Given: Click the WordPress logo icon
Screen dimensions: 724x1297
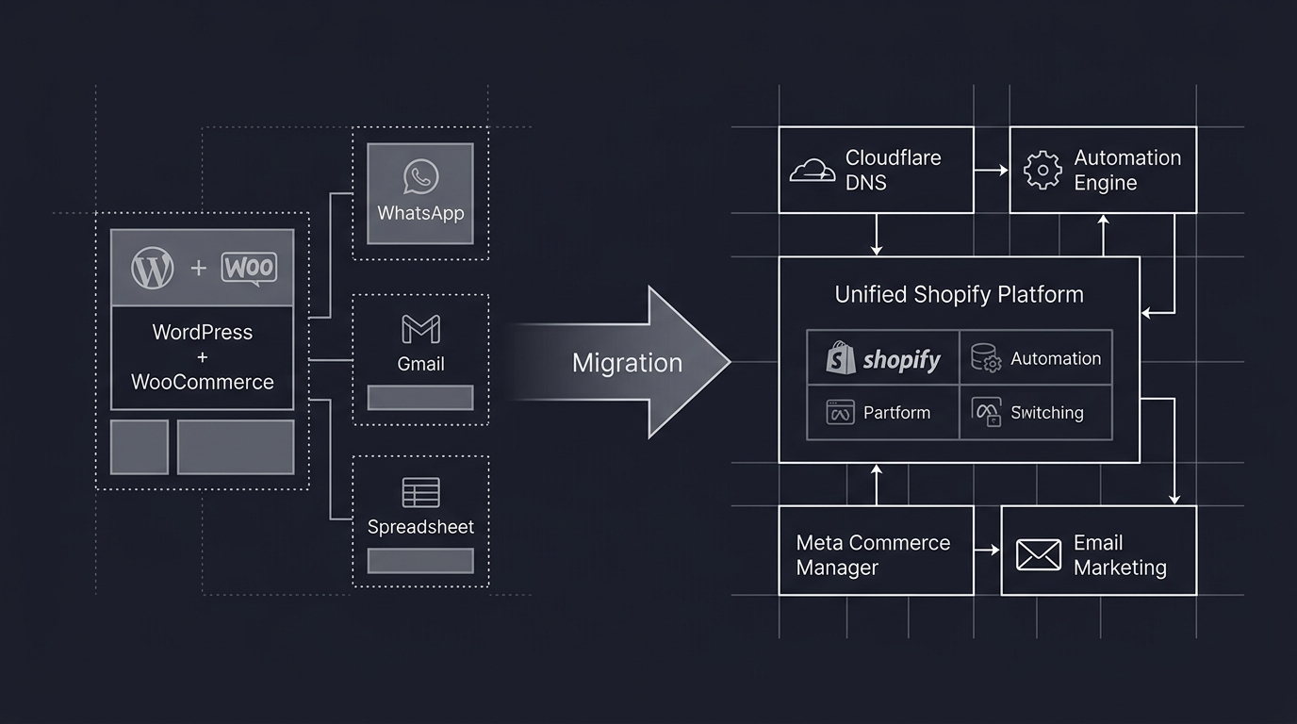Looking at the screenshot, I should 153,268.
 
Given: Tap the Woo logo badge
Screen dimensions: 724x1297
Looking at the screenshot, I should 249,268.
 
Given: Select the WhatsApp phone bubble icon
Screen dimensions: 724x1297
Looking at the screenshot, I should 420,176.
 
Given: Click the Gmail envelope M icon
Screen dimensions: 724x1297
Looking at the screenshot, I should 420,329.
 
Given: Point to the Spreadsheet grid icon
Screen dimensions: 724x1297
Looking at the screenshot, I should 420,492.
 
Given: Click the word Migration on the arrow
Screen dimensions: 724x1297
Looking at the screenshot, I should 627,363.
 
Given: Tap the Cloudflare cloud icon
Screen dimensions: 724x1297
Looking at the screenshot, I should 813,171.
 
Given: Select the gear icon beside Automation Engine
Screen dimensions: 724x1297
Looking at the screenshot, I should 1043,171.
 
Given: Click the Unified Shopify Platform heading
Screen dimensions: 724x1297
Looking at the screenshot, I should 959,294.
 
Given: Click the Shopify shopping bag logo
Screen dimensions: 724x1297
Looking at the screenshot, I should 840,359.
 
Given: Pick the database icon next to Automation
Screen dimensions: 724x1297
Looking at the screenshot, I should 986,358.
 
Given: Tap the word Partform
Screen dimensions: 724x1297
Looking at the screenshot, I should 896,413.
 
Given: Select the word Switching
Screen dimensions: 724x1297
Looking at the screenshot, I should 1046,413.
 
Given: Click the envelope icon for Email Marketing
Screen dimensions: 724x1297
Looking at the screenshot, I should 1039,555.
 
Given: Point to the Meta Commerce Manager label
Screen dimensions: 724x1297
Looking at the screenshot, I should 873,555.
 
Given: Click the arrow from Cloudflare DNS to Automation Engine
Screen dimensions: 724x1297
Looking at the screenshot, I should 991,171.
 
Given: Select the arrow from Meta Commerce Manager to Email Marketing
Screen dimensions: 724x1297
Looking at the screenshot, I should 987,550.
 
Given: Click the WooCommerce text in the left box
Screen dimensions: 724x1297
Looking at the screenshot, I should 203,382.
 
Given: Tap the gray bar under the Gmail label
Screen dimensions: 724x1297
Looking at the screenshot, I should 420,398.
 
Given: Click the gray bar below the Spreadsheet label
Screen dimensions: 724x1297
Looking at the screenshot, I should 420,561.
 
